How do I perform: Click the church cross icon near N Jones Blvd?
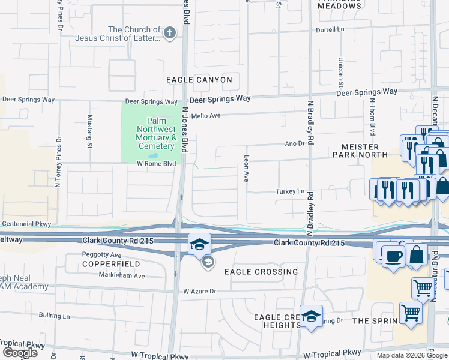click(170, 32)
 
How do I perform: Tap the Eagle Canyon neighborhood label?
click(199, 80)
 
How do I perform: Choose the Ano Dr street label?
click(295, 144)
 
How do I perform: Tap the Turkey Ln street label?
click(290, 191)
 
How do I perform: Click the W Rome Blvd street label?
click(156, 163)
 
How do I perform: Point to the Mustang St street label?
click(90, 131)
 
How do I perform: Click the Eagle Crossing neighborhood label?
click(261, 272)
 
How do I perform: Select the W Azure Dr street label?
click(199, 291)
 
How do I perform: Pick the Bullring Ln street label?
click(55, 315)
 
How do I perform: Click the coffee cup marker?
click(394, 256)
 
